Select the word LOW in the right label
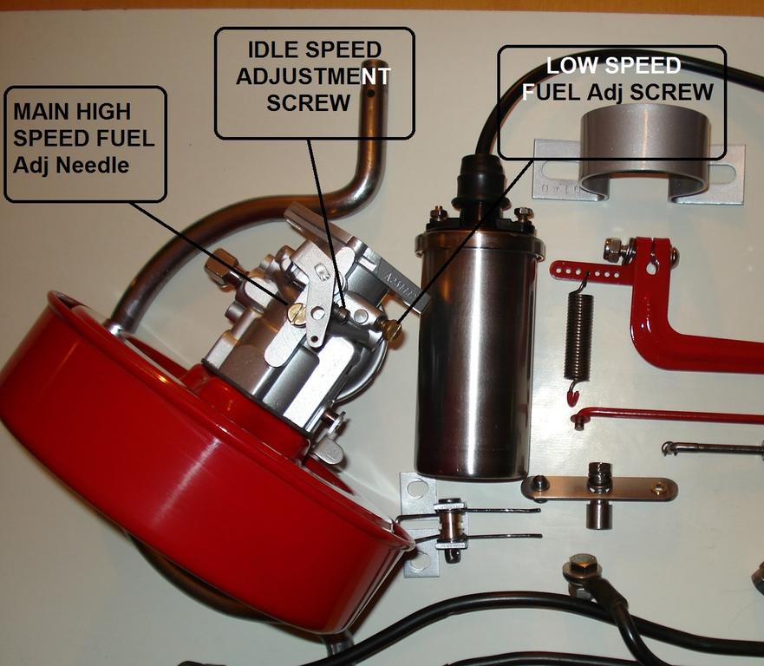(x=565, y=66)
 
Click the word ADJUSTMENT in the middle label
(x=313, y=76)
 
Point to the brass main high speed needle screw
(x=297, y=313)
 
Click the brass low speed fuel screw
(x=391, y=330)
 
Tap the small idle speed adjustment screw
(x=343, y=314)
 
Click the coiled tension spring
(x=578, y=336)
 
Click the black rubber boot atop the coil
(x=480, y=182)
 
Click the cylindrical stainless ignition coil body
(x=478, y=351)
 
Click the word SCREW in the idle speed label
(x=309, y=103)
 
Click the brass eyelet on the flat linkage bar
(x=660, y=486)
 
